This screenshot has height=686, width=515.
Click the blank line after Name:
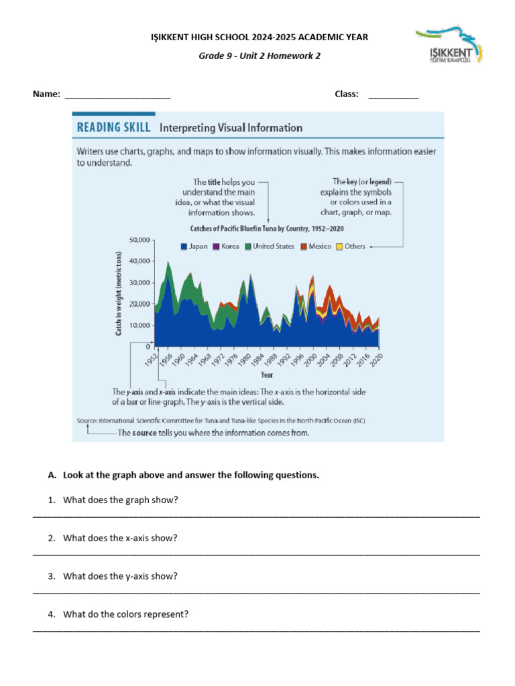tap(118, 95)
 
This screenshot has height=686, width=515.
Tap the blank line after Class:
tap(394, 95)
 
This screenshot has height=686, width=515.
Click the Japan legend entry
tap(194, 247)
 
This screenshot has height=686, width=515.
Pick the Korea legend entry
tap(226, 247)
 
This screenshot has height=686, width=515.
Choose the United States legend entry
tap(270, 247)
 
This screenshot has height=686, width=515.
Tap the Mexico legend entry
tap(316, 247)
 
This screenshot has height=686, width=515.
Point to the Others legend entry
tap(351, 247)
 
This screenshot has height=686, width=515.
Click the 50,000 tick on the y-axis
tap(140, 239)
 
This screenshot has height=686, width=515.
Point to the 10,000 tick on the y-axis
tap(140, 326)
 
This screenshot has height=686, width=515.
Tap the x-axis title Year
tap(267, 376)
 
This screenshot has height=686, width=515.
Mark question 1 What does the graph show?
tap(120, 500)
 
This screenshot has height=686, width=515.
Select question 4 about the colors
tap(125, 614)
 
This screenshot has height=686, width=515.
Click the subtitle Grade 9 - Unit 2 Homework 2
tap(260, 56)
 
